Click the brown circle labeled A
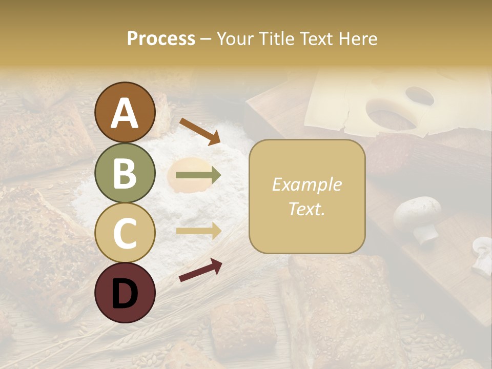point(125,112)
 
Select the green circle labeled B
point(125,173)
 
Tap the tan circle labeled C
point(125,233)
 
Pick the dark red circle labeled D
point(125,293)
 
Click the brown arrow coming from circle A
point(200,131)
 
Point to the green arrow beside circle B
point(198,176)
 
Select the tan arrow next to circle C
point(198,231)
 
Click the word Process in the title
point(161,38)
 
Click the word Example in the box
point(306,184)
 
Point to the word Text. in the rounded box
point(306,209)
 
